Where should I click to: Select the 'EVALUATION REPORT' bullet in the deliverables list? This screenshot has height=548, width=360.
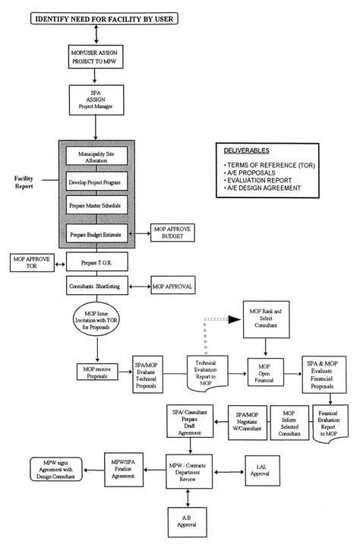[x=259, y=180]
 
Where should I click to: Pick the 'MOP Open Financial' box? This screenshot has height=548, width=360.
[x=265, y=373]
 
